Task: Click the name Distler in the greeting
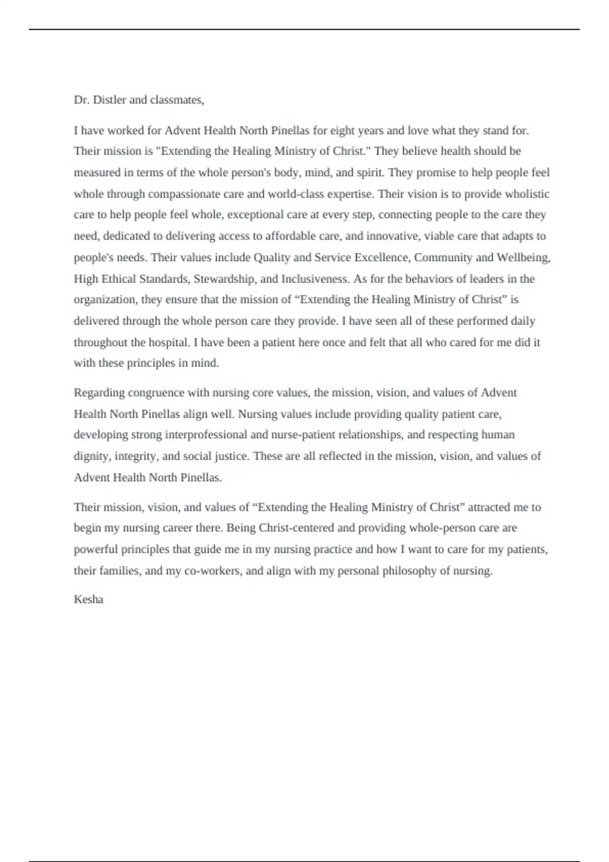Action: pos(109,100)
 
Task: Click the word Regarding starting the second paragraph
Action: pos(99,393)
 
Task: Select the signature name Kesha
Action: pos(88,599)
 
